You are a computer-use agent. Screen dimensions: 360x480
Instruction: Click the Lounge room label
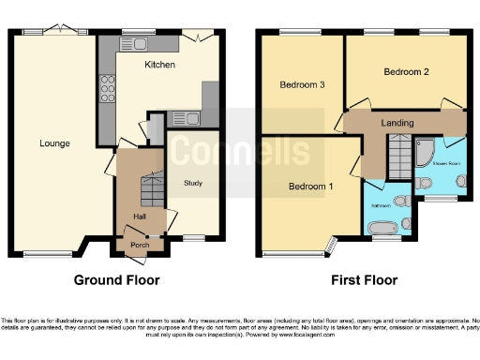(54, 143)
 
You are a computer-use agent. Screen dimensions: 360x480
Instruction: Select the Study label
(194, 183)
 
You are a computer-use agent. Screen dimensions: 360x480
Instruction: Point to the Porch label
(139, 247)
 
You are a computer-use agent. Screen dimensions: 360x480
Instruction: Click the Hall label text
(139, 217)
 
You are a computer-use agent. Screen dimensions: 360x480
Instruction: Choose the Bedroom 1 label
(309, 186)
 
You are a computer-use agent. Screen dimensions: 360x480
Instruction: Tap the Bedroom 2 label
(407, 71)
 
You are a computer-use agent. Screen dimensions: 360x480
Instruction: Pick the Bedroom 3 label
(302, 85)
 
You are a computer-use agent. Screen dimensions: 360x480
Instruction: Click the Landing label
(397, 121)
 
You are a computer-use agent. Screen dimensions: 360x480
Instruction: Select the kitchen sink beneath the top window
(142, 42)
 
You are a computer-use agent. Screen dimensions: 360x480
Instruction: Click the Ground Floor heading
(116, 280)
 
